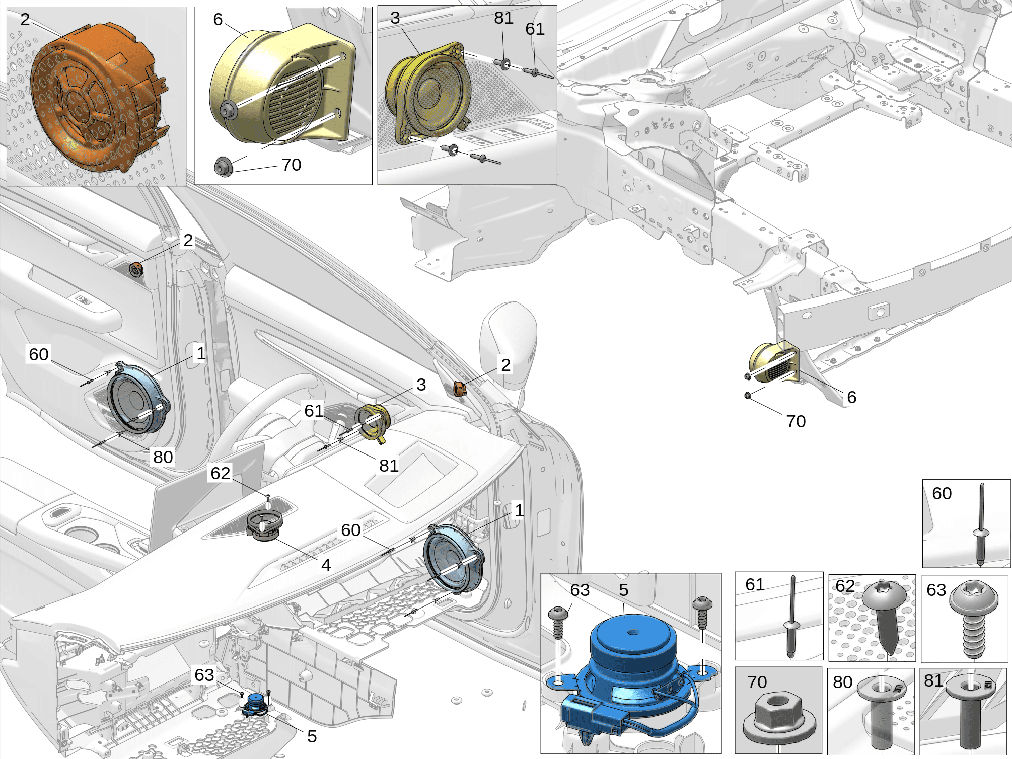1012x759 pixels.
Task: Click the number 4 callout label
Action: (326, 565)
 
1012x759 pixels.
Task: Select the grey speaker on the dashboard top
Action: (264, 526)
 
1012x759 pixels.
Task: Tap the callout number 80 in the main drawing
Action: (163, 457)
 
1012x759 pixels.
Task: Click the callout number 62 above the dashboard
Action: (221, 473)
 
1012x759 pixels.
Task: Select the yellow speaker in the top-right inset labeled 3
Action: (428, 96)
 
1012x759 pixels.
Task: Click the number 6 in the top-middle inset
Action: (218, 19)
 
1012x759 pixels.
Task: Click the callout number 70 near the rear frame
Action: (796, 421)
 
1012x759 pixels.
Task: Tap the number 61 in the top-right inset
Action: (535, 29)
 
